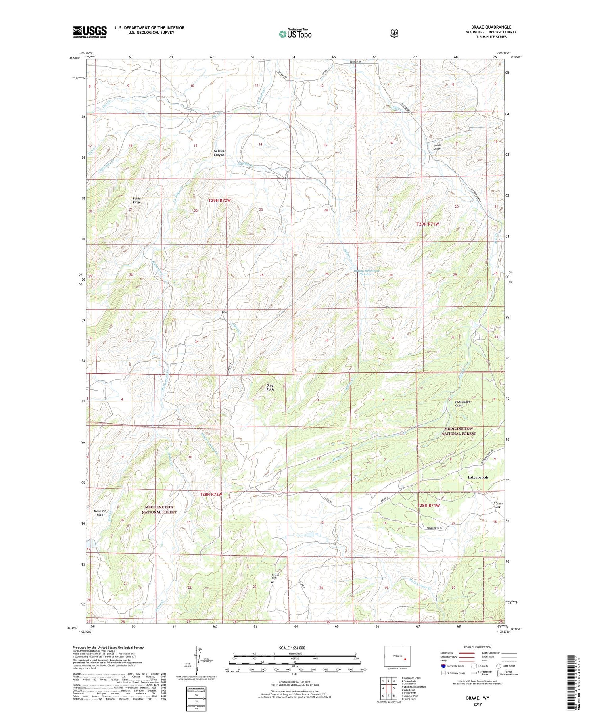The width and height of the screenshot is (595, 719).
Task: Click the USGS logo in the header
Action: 90,31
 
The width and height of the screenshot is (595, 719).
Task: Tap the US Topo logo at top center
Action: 296,34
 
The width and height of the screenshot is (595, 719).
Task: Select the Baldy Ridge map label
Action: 137,200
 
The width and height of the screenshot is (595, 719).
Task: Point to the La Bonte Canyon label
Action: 219,153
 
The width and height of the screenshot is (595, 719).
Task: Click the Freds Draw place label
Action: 437,147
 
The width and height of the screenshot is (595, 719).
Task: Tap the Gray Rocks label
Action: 270,387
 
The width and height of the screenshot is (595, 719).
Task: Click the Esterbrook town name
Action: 478,477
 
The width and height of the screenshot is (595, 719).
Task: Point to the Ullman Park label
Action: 497,505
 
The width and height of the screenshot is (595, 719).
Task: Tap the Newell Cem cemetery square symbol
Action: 272,582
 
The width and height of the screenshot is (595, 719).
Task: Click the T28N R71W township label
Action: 428,506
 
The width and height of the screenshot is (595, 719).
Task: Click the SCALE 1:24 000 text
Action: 294,648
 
